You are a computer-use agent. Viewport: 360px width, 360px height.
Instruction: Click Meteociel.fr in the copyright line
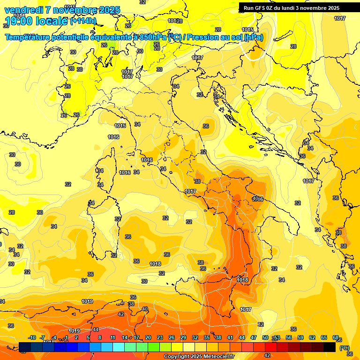[217, 357]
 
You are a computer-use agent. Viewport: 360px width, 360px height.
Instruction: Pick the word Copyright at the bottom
[177, 357]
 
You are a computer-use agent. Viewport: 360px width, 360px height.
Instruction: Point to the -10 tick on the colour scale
[32, 337]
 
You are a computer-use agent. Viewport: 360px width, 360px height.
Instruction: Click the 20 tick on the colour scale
[148, 337]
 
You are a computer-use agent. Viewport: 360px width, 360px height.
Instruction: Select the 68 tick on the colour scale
[336, 337]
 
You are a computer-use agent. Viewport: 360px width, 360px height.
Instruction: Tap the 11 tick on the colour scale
[112, 337]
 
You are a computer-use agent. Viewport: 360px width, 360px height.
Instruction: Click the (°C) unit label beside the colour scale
[344, 347]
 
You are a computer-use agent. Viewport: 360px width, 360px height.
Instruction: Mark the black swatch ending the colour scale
[330, 347]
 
